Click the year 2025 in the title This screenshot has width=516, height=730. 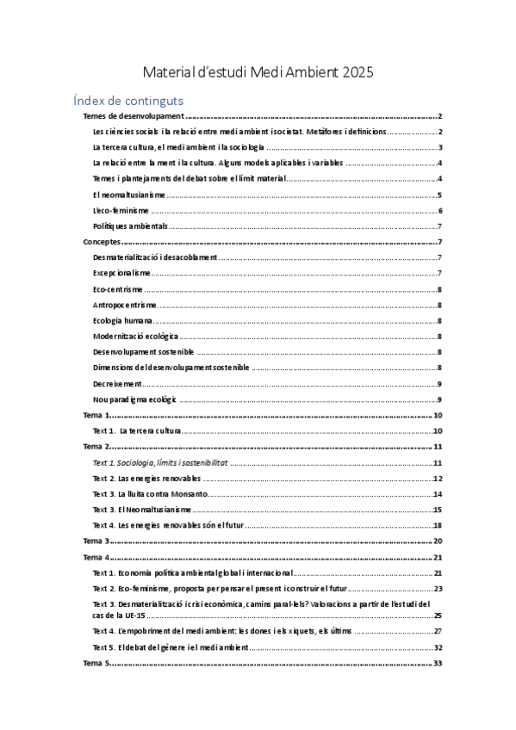(x=356, y=72)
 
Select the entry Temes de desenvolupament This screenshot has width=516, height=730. (x=133, y=116)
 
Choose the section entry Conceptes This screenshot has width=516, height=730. (x=101, y=243)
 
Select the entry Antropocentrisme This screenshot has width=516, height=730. (x=124, y=305)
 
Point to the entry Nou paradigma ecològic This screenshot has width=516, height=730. (x=134, y=399)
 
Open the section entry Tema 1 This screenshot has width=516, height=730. (x=96, y=415)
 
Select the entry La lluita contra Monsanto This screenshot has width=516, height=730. (x=150, y=494)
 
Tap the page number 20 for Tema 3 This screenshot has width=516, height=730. (x=438, y=541)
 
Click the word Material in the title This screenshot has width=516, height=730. (x=170, y=72)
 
